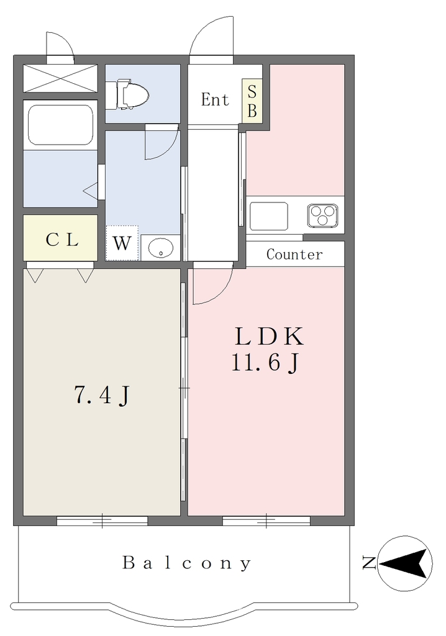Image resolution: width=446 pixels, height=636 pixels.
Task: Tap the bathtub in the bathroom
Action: point(60,125)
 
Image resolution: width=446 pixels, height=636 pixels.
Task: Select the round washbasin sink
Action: point(161,247)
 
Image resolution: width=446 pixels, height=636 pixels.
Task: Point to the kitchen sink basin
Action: point(268,216)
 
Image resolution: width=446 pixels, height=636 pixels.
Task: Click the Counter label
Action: point(294,254)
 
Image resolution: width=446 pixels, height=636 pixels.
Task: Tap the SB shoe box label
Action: point(252,101)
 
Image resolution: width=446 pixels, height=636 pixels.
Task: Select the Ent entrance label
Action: point(215,99)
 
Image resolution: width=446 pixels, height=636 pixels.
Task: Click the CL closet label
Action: point(61,240)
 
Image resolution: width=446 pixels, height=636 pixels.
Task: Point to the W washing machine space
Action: point(122,243)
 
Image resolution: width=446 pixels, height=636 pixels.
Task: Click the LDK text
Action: point(269,336)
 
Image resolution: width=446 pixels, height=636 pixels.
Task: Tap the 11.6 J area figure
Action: point(265,362)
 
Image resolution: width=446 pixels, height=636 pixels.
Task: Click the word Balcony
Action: point(187,563)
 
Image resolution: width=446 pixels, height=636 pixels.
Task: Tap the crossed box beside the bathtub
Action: point(60,77)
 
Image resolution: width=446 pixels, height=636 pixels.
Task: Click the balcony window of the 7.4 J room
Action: point(102,521)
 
